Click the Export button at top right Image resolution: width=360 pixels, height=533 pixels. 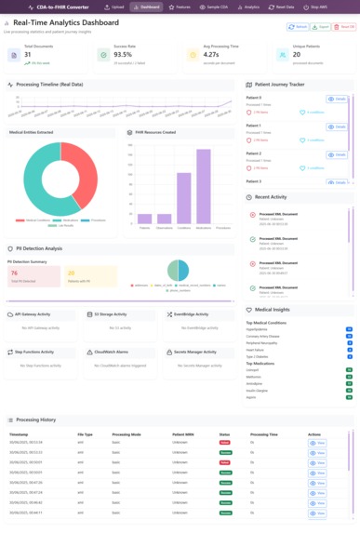323,27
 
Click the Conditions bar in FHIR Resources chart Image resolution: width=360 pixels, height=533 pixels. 184,198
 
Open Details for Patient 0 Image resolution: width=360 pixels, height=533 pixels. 337,99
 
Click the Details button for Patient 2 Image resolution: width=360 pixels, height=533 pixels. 337,154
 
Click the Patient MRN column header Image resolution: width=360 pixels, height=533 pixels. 185,434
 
